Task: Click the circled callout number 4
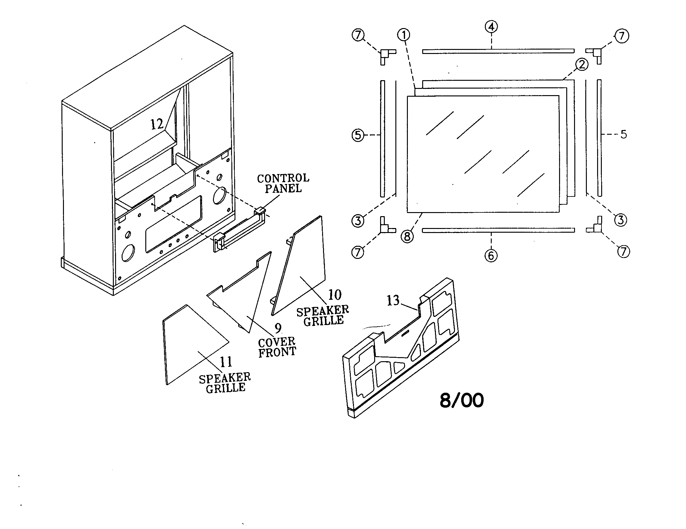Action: [491, 27]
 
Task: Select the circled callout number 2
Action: [582, 65]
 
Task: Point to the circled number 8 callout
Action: [407, 236]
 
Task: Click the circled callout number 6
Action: [491, 255]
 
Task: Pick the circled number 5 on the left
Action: [358, 135]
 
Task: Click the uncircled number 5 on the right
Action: [624, 134]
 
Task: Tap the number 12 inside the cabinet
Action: [157, 124]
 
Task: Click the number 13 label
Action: [393, 301]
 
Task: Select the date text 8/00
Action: [461, 400]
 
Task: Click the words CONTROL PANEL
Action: [283, 183]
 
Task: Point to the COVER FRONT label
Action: [277, 347]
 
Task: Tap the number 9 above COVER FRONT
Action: [278, 328]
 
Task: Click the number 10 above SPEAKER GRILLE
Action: [335, 295]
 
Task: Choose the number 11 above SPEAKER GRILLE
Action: [226, 362]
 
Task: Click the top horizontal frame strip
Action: [498, 51]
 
